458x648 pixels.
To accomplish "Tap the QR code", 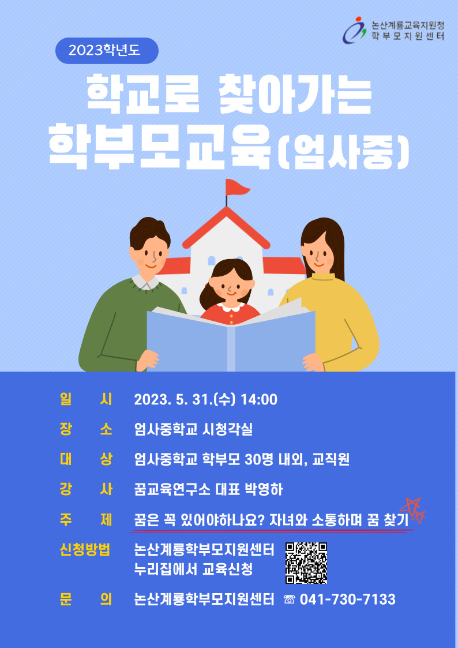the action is (x=306, y=563).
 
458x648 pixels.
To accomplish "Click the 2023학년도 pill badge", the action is (x=107, y=51).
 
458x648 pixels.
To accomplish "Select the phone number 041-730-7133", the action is (x=348, y=599).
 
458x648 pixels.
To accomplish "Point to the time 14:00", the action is (x=260, y=400).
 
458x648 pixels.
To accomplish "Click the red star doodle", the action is (x=412, y=511).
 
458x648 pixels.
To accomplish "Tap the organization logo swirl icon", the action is (x=355, y=30).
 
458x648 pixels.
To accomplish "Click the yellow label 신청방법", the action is (x=85, y=550).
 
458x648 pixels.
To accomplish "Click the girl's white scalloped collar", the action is (x=231, y=306).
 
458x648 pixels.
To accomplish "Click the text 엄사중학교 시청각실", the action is (x=193, y=430).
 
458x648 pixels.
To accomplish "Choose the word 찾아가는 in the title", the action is (x=294, y=94).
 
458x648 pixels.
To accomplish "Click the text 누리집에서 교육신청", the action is (x=193, y=571).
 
